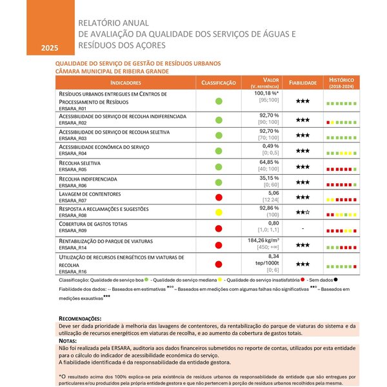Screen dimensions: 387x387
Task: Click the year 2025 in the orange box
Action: tap(49, 48)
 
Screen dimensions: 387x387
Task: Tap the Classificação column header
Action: tap(219, 83)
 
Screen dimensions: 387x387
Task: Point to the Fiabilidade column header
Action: tap(303, 83)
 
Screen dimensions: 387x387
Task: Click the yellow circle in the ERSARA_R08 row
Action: tap(219, 212)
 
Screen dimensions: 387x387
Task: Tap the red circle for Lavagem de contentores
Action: tap(219, 197)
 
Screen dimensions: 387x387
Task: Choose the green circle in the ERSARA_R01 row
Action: tap(219, 101)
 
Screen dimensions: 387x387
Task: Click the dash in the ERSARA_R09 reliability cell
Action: tap(303, 228)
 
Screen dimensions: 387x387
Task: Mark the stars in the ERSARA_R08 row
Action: tap(303, 212)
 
